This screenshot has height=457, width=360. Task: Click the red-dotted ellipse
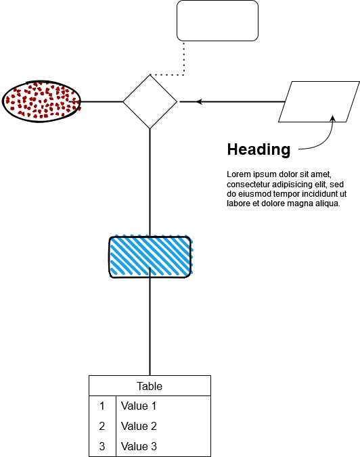pos(41,101)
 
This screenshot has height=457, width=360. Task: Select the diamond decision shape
pos(150,101)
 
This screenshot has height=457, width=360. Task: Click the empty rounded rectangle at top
pos(217,20)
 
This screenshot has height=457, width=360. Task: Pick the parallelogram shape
pos(319,101)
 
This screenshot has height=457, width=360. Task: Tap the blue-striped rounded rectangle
pos(150,256)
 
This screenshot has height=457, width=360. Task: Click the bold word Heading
pos(258,149)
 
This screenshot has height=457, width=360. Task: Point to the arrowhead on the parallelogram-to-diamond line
pos(199,101)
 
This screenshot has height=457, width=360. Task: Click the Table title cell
pos(150,386)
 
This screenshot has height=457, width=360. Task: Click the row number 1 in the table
pos(102,406)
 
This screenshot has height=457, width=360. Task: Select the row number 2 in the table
pos(102,426)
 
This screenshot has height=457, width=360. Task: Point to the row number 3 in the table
pos(102,446)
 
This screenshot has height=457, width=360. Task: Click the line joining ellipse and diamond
pos(102,101)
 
